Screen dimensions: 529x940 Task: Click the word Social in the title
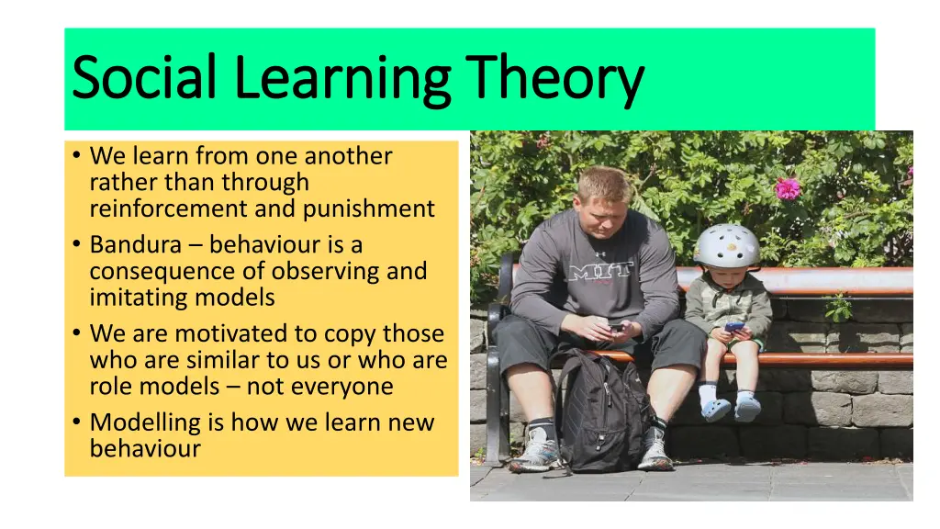[x=144, y=79]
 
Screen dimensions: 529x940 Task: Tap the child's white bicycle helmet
[x=726, y=246]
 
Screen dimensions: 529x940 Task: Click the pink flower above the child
[x=787, y=188]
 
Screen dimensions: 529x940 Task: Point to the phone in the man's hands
[x=615, y=327]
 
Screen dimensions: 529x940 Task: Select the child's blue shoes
[x=733, y=409]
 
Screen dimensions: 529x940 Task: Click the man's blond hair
[x=603, y=184]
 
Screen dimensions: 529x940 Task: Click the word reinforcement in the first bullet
[x=169, y=208]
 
